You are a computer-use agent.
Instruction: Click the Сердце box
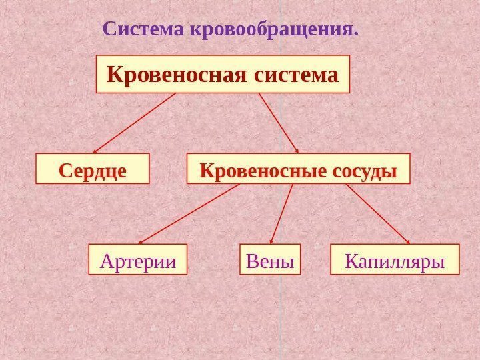point(93,169)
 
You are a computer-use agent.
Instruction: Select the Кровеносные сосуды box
point(298,169)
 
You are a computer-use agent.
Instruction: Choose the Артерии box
point(138,260)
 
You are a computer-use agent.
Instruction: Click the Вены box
point(270,260)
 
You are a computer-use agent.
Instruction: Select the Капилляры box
point(395,260)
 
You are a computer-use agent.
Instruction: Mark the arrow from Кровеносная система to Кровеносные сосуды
point(278,123)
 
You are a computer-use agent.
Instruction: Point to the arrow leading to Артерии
point(189,214)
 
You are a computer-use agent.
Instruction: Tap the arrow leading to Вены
point(281,214)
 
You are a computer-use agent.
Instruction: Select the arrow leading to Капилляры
point(378,214)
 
